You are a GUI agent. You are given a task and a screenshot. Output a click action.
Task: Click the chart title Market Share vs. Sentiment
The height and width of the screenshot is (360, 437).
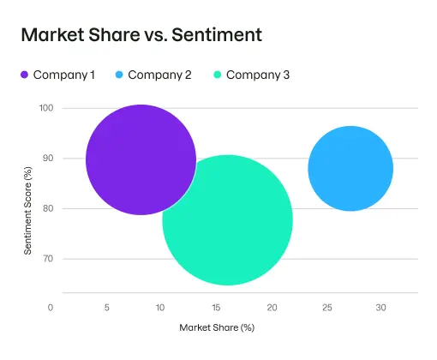tap(141, 35)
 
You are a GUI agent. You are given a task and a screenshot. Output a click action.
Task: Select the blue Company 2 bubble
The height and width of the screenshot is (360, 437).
tap(350, 169)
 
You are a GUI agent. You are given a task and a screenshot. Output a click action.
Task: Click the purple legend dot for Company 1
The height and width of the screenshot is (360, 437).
tap(24, 75)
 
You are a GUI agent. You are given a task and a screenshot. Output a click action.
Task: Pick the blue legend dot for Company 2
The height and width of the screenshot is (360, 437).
tap(119, 75)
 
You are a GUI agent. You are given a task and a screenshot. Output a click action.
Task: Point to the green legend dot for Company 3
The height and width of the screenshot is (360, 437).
tap(217, 75)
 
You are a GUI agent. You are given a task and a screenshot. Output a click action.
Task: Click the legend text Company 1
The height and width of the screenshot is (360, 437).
tap(64, 75)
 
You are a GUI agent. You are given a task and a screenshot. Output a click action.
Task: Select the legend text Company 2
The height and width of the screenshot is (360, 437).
tap(159, 75)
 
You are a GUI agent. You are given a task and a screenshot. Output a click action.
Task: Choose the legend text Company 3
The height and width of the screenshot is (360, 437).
tap(258, 75)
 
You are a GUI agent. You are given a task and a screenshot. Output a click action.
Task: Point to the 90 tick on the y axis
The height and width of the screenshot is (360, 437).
tap(47, 159)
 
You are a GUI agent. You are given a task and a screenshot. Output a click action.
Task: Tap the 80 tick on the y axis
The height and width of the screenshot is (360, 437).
tap(47, 208)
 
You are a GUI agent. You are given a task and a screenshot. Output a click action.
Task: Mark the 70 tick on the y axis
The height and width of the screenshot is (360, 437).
tap(47, 259)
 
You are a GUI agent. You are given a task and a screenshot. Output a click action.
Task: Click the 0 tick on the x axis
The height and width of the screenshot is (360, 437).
tap(51, 308)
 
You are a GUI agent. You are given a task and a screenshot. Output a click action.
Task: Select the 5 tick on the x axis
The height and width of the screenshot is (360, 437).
tap(106, 308)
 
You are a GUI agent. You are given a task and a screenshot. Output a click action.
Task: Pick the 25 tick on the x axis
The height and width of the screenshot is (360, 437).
tap(326, 308)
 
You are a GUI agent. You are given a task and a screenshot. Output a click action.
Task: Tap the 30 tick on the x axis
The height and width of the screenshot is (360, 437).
tap(381, 308)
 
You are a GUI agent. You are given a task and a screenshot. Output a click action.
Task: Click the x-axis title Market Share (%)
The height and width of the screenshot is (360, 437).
tap(217, 327)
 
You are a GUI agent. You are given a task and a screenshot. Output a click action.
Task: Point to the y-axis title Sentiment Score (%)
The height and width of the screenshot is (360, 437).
tap(27, 207)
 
